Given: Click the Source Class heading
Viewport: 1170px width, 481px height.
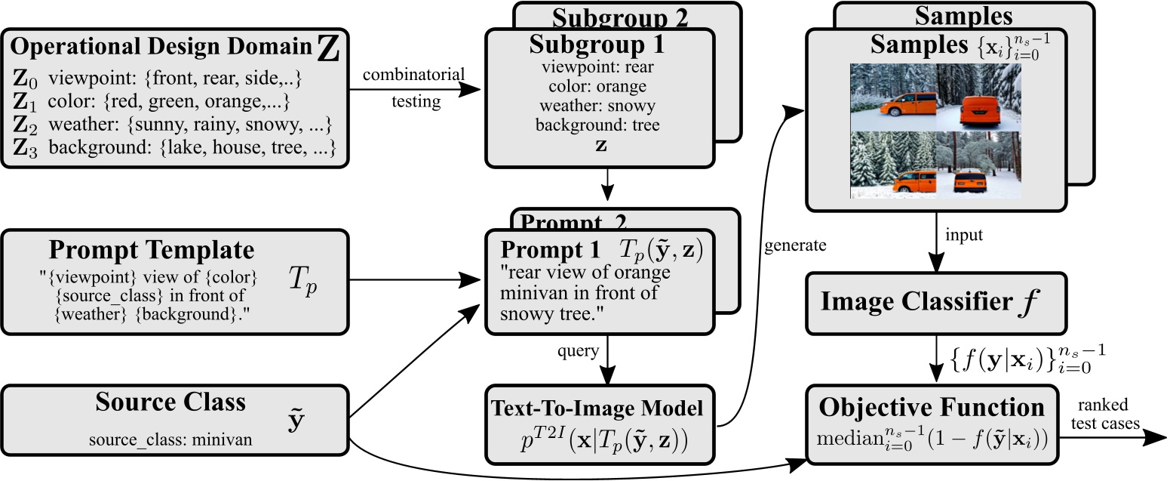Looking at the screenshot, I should pyautogui.click(x=170, y=402).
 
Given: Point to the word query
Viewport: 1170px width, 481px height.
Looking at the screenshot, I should pyautogui.click(x=578, y=351).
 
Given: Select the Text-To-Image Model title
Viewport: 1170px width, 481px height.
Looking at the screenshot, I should pyautogui.click(x=597, y=409).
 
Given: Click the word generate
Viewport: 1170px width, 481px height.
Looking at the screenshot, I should pyautogui.click(x=794, y=246).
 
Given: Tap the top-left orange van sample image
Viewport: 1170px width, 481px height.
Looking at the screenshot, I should pyautogui.click(x=893, y=97).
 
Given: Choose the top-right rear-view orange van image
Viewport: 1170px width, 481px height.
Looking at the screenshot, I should pyautogui.click(x=978, y=97).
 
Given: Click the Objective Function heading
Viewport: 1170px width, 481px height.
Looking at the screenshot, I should pyautogui.click(x=933, y=408).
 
